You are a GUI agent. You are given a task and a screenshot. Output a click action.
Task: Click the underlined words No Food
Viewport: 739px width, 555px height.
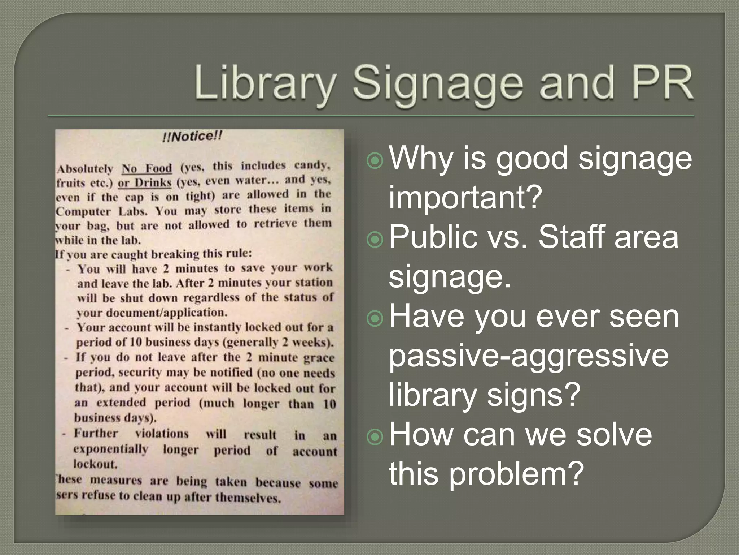147,168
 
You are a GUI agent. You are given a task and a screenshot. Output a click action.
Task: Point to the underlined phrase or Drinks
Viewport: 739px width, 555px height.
144,182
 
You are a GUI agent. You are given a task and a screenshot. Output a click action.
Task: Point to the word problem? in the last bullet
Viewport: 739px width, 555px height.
518,474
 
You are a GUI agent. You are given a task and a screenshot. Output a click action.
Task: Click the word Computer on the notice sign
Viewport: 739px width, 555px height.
83,212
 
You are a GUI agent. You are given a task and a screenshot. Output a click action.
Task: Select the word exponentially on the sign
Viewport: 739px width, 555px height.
111,449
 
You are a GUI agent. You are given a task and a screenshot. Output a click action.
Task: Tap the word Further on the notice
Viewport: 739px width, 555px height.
96,433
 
